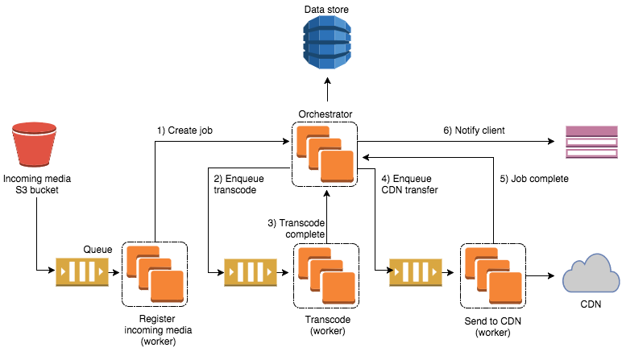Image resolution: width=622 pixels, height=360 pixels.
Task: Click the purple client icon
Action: point(591,143)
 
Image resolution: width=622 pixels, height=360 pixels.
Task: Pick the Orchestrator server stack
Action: point(326,153)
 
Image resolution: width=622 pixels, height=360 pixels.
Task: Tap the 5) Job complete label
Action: point(533,179)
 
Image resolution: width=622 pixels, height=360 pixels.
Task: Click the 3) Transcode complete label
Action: point(296,227)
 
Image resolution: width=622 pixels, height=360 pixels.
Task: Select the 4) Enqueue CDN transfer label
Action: point(409,184)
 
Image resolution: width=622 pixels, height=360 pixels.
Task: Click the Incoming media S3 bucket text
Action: point(32,184)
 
